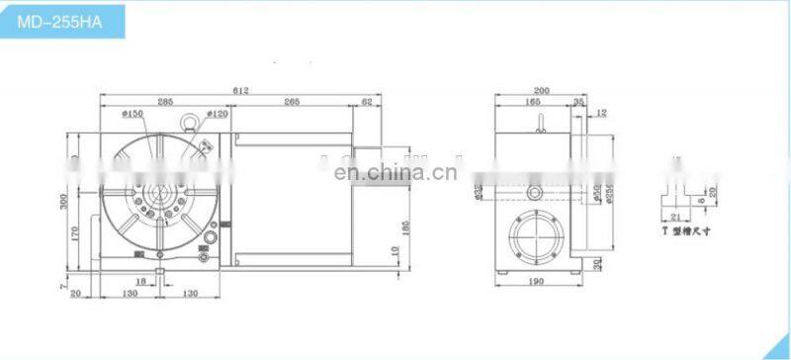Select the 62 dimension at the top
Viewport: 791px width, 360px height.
pyautogui.click(x=368, y=101)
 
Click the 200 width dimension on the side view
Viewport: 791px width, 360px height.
pyautogui.click(x=538, y=90)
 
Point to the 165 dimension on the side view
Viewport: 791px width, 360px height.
pyautogui.click(x=531, y=101)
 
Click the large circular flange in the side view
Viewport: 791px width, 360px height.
pyautogui.click(x=535, y=237)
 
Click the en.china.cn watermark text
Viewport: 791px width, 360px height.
pyautogui.click(x=394, y=174)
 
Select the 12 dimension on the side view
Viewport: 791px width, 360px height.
pyautogui.click(x=603, y=112)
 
